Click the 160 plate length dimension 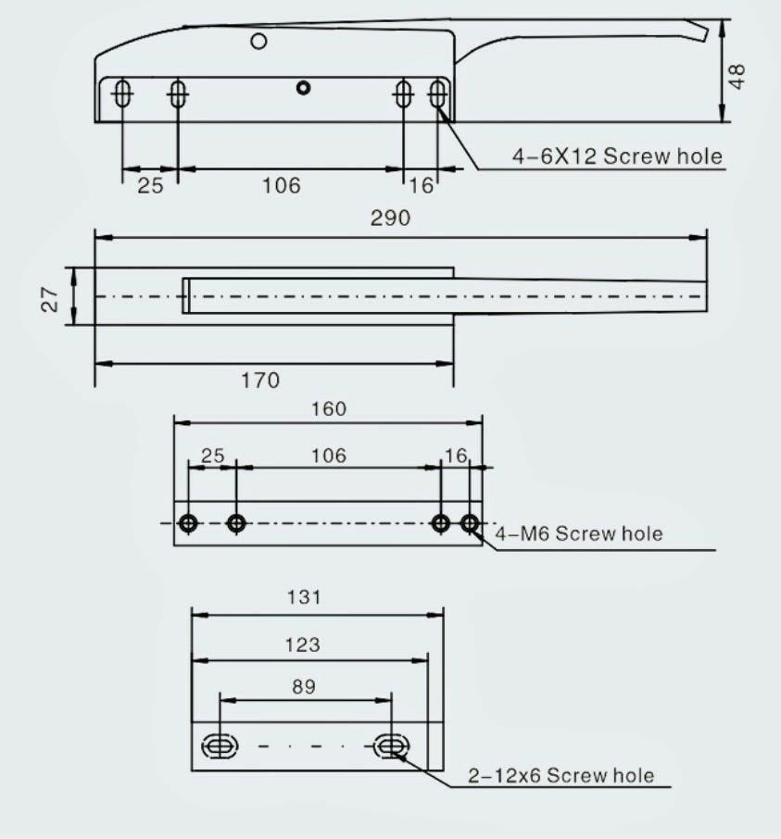click(328, 408)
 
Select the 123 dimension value click(303, 645)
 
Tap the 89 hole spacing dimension click(303, 686)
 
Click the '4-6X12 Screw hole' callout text click(617, 156)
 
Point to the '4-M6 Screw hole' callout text click(579, 533)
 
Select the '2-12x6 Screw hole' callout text click(561, 775)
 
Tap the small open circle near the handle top click(259, 40)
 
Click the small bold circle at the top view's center click(302, 88)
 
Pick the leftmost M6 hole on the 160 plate click(189, 523)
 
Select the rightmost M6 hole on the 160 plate click(470, 523)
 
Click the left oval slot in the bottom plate click(219, 745)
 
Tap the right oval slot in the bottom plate click(391, 745)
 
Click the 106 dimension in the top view click(281, 185)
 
